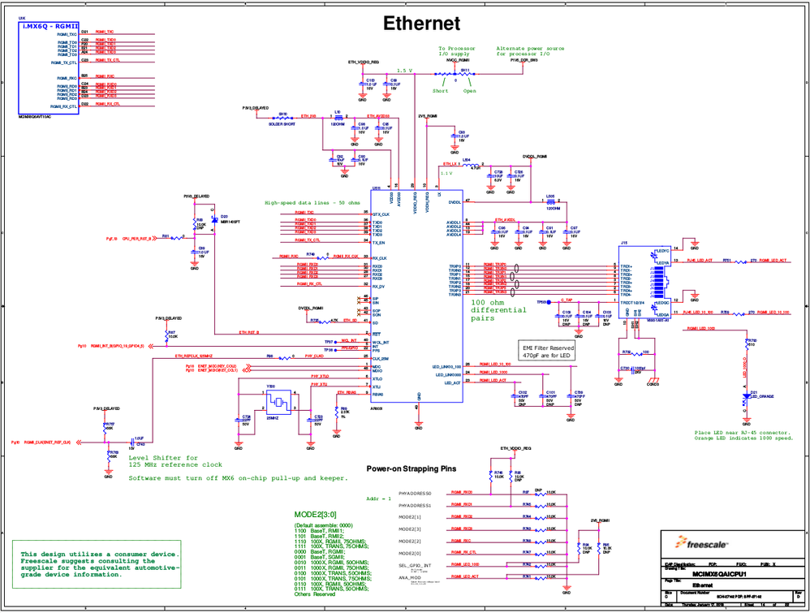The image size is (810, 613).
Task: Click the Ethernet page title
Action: pyautogui.click(x=421, y=24)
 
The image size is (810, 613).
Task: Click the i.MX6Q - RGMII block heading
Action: pyautogui.click(x=49, y=27)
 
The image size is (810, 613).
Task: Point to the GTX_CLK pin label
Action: pyautogui.click(x=381, y=214)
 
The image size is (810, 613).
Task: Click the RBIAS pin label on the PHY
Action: pyautogui.click(x=377, y=394)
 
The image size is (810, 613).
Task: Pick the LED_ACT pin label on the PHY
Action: pyautogui.click(x=451, y=382)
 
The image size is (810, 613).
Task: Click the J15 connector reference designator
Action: pyautogui.click(x=624, y=243)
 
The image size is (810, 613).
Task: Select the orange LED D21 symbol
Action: pyautogui.click(x=745, y=397)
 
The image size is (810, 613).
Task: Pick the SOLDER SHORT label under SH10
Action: pyautogui.click(x=282, y=124)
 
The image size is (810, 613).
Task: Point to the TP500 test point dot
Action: pyautogui.click(x=554, y=301)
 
